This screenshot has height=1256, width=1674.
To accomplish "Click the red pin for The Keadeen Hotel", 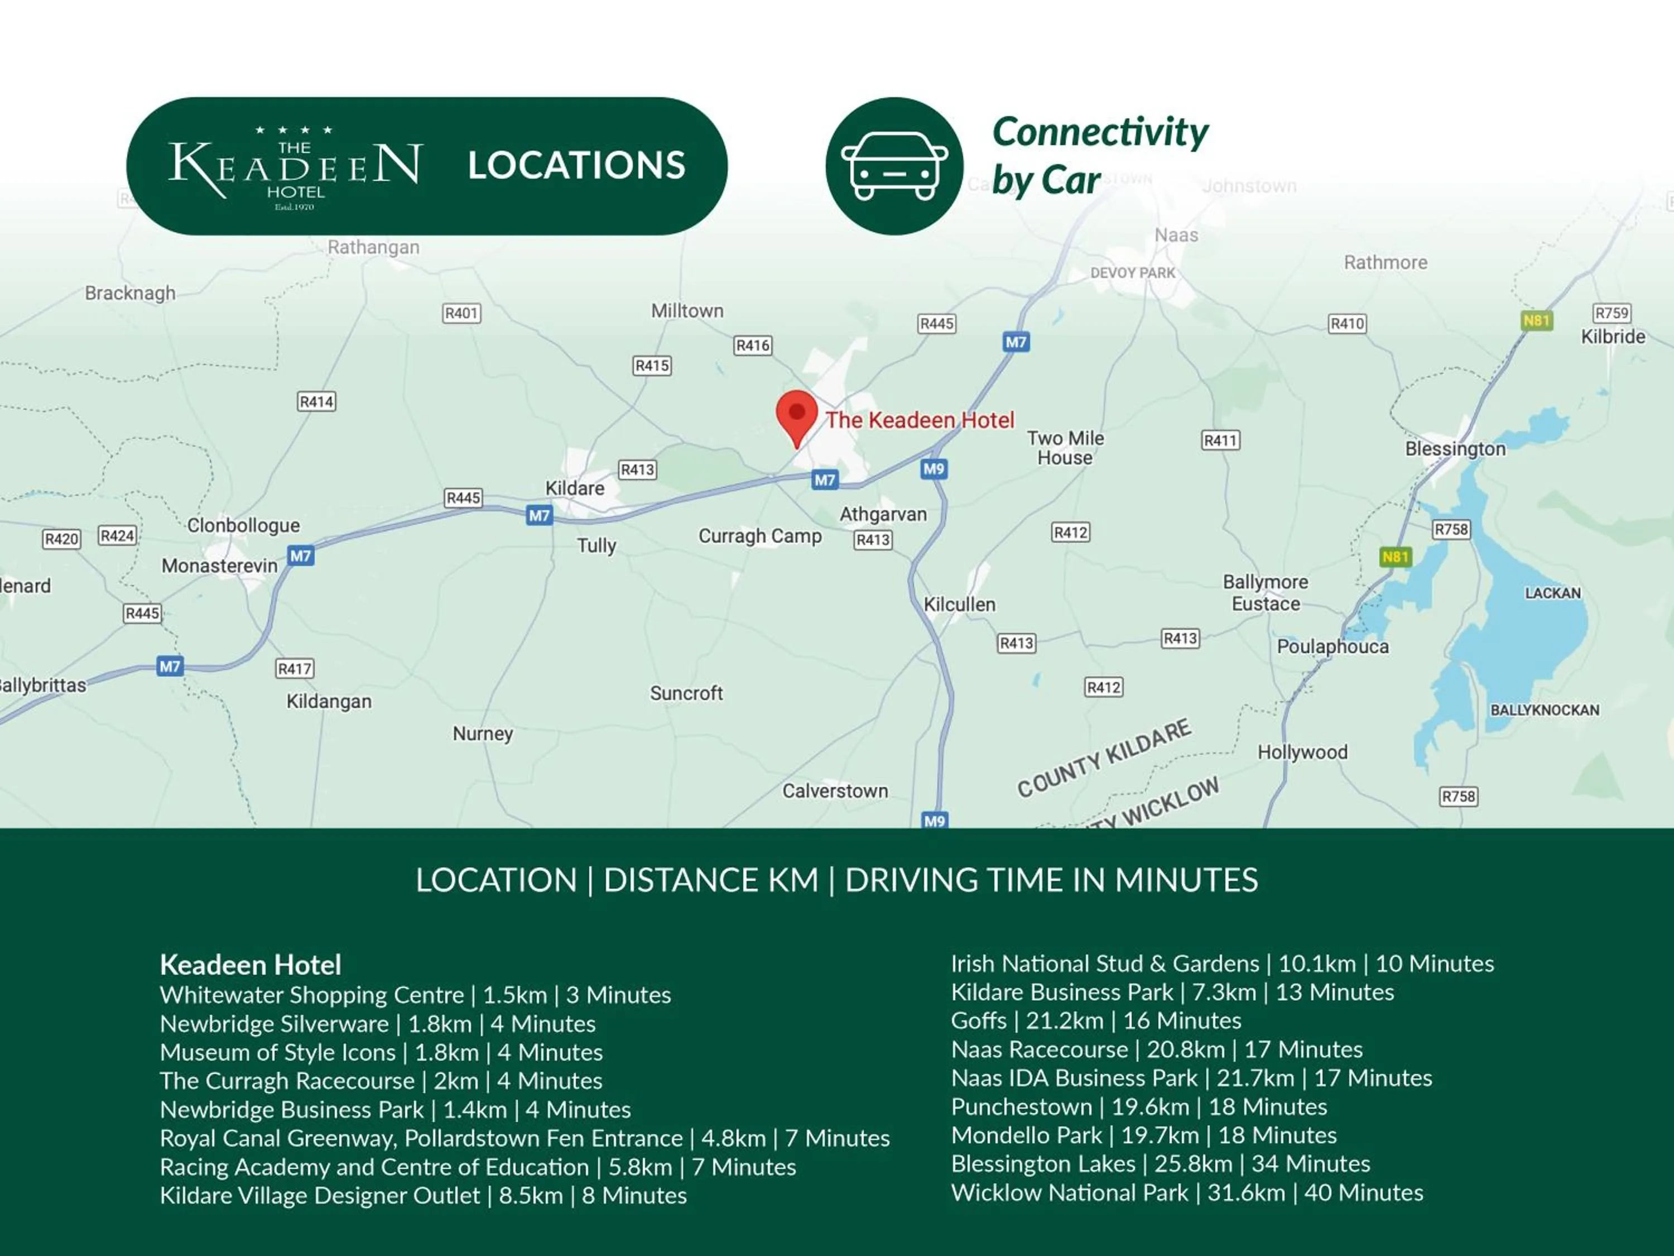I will pos(796,416).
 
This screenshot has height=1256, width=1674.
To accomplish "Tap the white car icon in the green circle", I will pos(894,166).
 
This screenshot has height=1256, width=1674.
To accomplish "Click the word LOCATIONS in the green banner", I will pos(576,165).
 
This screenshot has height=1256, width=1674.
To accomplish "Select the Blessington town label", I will pos(1455,449).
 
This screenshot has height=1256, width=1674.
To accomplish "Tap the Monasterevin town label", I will pos(219,565).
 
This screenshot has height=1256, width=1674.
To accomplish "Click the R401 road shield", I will pos(461,313).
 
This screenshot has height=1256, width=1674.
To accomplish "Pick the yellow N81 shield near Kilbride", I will pos(1536,320).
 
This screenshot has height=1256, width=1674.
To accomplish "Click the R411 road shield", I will pos(1220,440).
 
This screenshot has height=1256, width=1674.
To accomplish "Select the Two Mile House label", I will pos(1065,448).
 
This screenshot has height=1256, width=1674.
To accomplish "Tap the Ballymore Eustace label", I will pos(1266,593).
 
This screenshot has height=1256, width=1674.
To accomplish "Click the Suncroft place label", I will pos(686,693).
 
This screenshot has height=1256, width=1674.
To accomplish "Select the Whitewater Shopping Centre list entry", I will pos(415,995).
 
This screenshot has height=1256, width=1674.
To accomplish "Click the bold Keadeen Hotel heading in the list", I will pos(251,965).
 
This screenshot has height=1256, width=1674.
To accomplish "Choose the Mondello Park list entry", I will pos(1143,1135).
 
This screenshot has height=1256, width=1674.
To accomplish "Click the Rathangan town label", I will pos(373,247).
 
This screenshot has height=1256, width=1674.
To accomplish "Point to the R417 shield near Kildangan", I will pos(295,669).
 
